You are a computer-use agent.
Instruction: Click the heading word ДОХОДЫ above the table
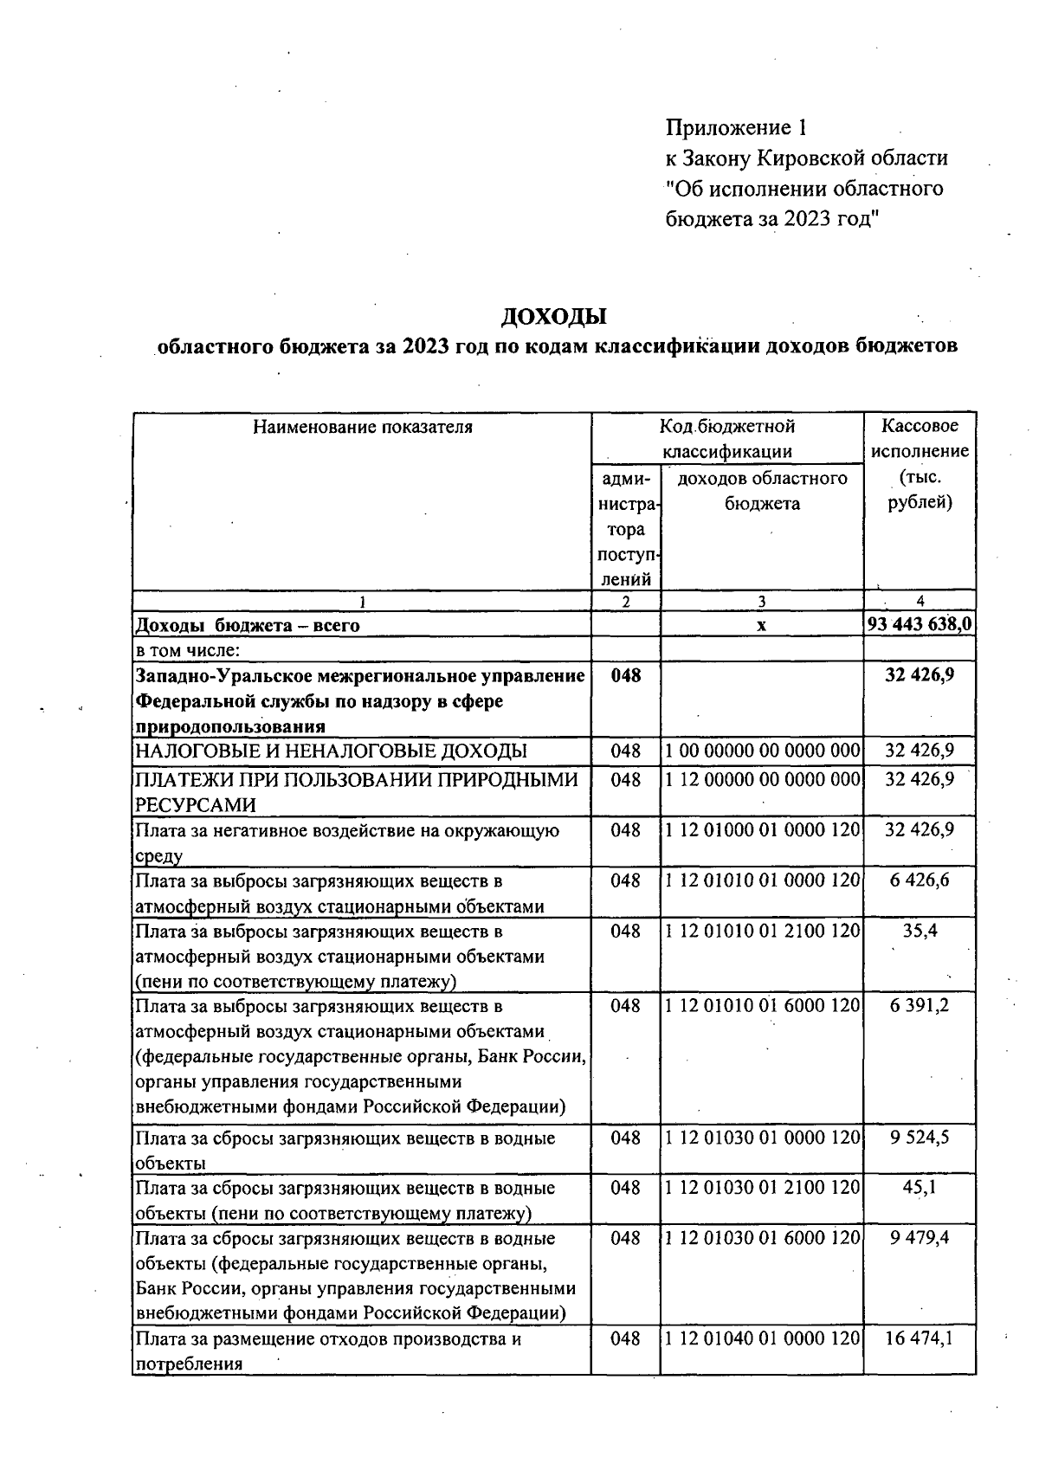point(554,316)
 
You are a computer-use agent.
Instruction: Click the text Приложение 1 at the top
point(736,128)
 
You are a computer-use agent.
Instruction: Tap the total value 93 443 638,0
point(920,623)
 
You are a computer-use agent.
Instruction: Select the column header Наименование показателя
point(363,427)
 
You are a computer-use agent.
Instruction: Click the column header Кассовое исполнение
point(920,438)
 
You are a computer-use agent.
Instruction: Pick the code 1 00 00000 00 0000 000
point(762,751)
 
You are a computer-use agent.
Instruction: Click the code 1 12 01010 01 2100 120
point(762,931)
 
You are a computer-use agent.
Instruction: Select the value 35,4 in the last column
point(920,931)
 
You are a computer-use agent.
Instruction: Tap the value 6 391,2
point(920,1005)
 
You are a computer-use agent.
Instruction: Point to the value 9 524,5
point(920,1137)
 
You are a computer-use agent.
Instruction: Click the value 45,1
point(920,1187)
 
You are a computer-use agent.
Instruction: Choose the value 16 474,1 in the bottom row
point(920,1338)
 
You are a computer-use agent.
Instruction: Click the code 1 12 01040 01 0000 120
point(762,1338)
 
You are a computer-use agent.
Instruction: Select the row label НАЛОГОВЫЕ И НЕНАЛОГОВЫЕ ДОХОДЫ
point(331,751)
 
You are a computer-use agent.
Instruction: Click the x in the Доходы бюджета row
point(761,625)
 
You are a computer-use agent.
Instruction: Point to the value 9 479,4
point(920,1237)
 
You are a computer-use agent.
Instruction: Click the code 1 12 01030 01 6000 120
point(762,1237)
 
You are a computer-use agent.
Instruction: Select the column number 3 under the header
point(761,601)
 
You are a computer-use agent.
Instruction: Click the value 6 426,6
point(920,880)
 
